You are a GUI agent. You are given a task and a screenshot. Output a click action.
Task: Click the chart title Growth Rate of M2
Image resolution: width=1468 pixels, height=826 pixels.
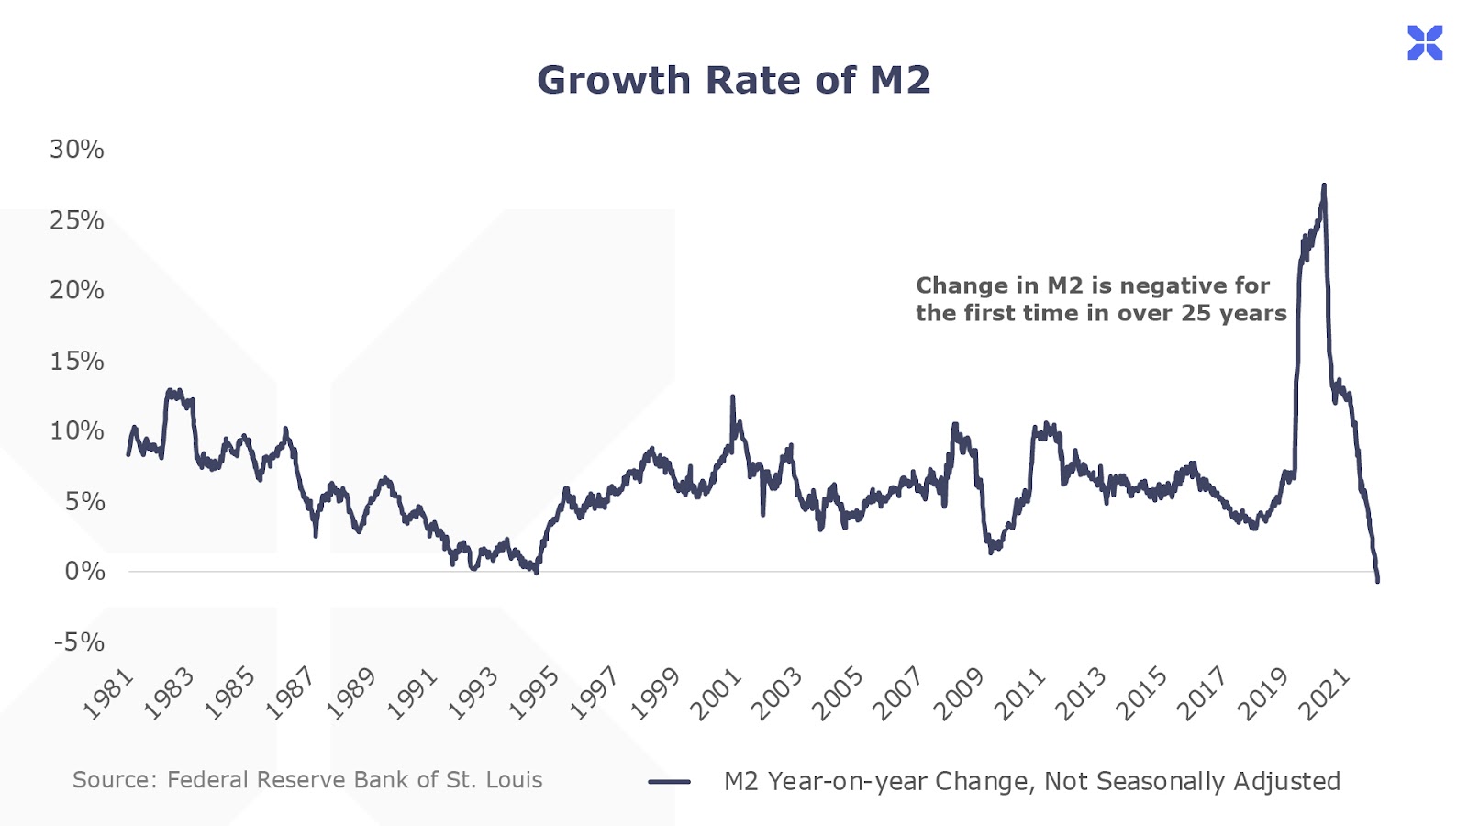[733, 81]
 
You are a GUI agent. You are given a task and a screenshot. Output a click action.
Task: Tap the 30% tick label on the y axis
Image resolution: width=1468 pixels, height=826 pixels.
[77, 150]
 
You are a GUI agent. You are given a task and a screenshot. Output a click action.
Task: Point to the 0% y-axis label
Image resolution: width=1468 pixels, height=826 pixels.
[84, 572]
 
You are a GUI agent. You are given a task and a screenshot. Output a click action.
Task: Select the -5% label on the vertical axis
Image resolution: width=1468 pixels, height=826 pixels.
[79, 642]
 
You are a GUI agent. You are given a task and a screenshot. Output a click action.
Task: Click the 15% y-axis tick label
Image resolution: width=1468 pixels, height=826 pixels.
[77, 361]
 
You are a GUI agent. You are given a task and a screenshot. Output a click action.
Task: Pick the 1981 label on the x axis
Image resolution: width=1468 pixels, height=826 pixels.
[108, 695]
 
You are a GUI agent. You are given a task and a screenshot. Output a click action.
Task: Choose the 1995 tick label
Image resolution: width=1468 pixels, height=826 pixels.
[533, 695]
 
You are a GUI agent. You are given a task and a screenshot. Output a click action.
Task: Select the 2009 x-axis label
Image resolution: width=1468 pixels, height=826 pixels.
[959, 695]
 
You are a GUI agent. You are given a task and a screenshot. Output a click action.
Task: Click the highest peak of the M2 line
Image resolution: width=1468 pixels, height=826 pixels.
[1323, 186]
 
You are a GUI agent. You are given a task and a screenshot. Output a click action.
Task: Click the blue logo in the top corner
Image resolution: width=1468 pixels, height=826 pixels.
[1425, 43]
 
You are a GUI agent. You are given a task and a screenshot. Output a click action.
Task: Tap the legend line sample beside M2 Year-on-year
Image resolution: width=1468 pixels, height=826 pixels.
[669, 782]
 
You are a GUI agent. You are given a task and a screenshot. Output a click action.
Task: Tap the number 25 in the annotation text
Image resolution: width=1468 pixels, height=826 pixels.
[1196, 313]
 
